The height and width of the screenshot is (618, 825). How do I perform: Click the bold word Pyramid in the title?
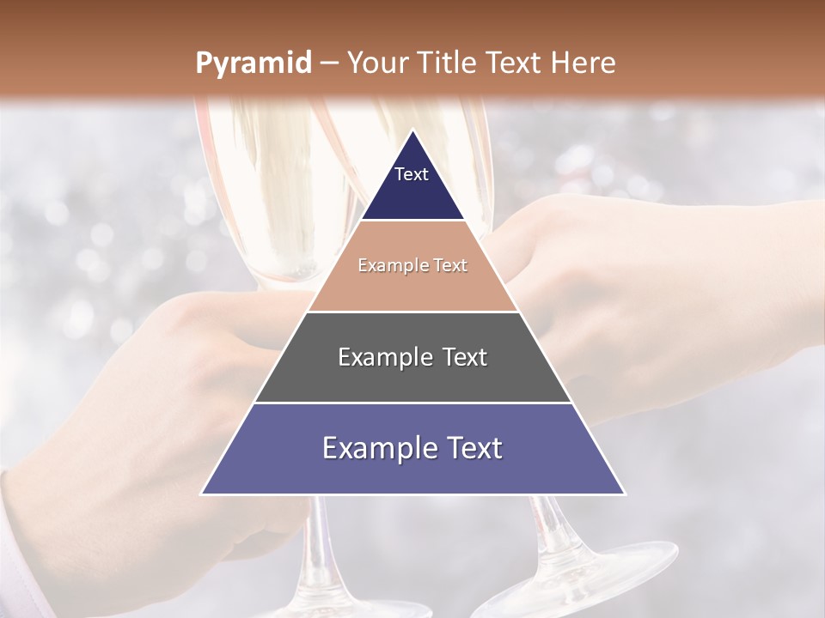click(x=254, y=64)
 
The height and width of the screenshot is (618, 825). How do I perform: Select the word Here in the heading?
click(x=584, y=64)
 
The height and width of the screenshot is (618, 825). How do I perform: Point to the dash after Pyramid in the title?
click(x=329, y=64)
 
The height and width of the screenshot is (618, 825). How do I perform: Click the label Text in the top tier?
click(x=412, y=174)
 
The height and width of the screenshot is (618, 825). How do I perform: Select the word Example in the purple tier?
click(x=379, y=448)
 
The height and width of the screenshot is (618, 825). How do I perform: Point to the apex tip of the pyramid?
click(x=413, y=131)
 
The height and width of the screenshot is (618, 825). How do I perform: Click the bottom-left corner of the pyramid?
click(x=203, y=494)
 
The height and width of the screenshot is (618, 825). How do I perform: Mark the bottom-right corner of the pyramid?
click(x=624, y=494)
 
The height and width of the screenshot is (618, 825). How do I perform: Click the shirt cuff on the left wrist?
click(x=21, y=549)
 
